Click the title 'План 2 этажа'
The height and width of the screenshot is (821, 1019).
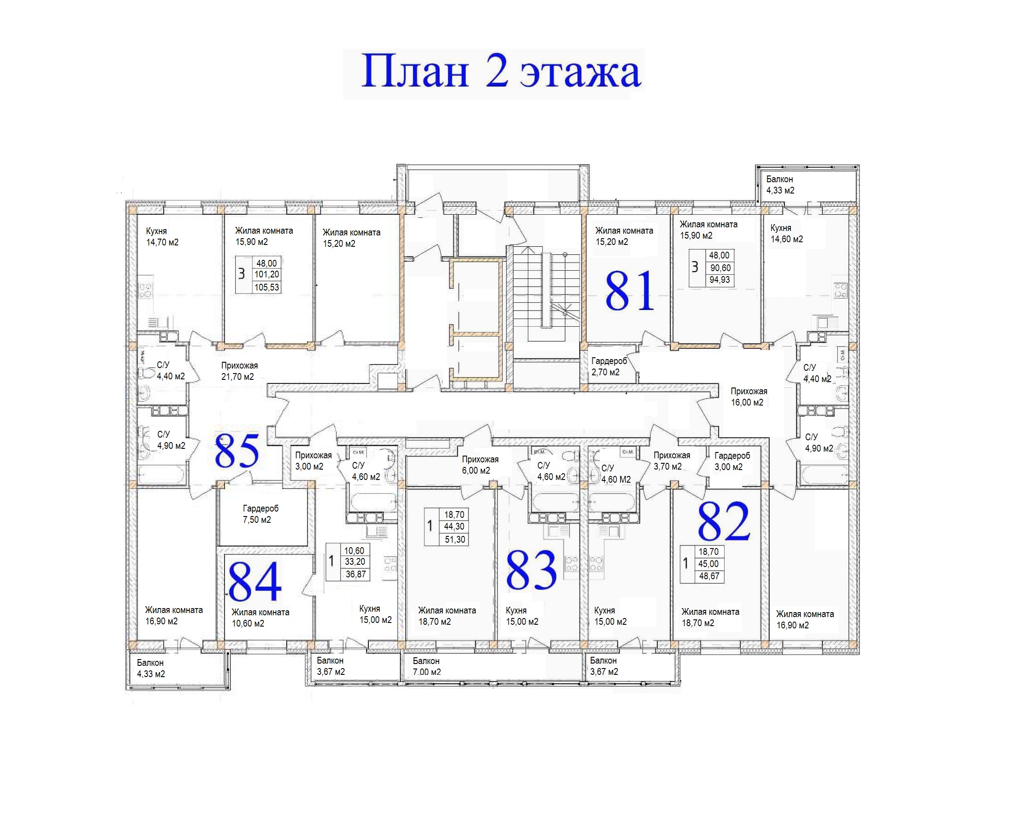pos(501,72)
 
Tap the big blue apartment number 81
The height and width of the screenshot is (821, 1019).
pos(630,291)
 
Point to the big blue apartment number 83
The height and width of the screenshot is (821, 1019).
pos(531,569)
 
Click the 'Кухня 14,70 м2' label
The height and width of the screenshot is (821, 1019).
pos(162,236)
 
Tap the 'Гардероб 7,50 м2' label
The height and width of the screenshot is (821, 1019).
pos(261,514)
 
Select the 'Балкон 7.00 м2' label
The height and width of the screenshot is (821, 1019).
pos(427,666)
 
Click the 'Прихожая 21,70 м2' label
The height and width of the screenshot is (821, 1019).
pos(239,371)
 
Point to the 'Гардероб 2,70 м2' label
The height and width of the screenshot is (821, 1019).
pos(609,366)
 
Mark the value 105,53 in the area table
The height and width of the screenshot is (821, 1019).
pos(266,287)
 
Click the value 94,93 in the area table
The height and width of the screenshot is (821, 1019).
pos(719,280)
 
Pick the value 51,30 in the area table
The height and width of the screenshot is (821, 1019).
pos(454,540)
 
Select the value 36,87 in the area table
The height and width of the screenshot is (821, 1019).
pos(355,574)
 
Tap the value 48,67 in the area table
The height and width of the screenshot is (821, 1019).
pos(709,576)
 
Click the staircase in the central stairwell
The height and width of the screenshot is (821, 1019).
pos(546,293)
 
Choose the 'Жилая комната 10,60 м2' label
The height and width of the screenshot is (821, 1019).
pos(261,618)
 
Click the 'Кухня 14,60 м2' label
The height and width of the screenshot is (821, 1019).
pos(787,234)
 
